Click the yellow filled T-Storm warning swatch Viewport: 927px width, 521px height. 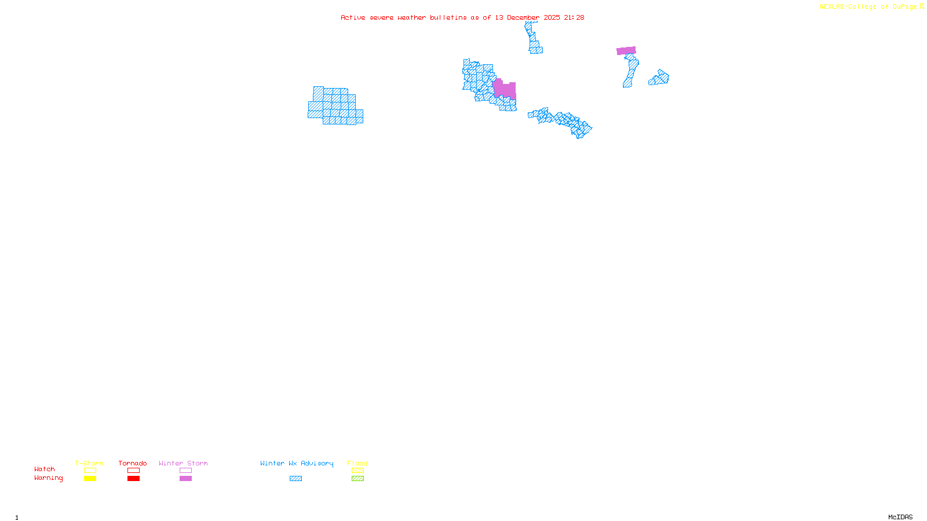pos(90,479)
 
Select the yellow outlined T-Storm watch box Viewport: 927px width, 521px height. pos(90,471)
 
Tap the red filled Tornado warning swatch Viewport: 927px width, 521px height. pos(134,479)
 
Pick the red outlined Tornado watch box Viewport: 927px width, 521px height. pos(134,471)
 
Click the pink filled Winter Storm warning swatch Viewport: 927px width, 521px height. pos(185,479)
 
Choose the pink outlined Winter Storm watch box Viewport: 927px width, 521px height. pos(185,471)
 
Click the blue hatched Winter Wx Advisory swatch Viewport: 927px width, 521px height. pos(295,479)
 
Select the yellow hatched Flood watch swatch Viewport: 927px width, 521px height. pos(357,471)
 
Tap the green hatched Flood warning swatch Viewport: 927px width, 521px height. pos(357,479)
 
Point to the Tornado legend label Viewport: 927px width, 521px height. pos(133,463)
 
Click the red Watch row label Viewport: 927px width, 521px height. pos(45,469)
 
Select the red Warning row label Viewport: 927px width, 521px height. pos(49,478)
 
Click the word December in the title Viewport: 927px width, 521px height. pos(523,17)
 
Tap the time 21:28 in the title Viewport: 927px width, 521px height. pos(574,17)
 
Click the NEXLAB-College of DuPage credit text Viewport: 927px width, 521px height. pos(868,7)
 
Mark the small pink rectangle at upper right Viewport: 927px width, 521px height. pos(626,51)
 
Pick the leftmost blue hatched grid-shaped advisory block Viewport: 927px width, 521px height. pos(335,106)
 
